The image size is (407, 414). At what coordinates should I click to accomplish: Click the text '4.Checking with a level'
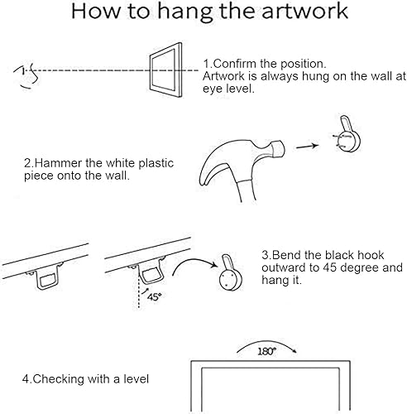click(x=86, y=379)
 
